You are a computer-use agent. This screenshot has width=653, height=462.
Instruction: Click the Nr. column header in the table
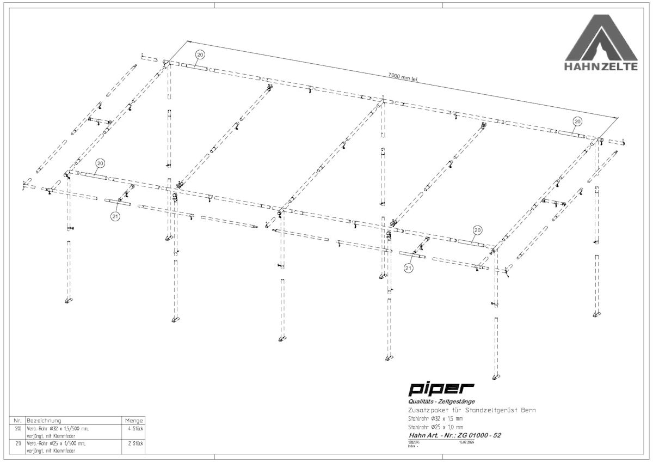(17, 421)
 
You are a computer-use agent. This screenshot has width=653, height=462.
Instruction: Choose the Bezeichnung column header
(44, 421)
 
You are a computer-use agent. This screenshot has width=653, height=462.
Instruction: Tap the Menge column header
(134, 421)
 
